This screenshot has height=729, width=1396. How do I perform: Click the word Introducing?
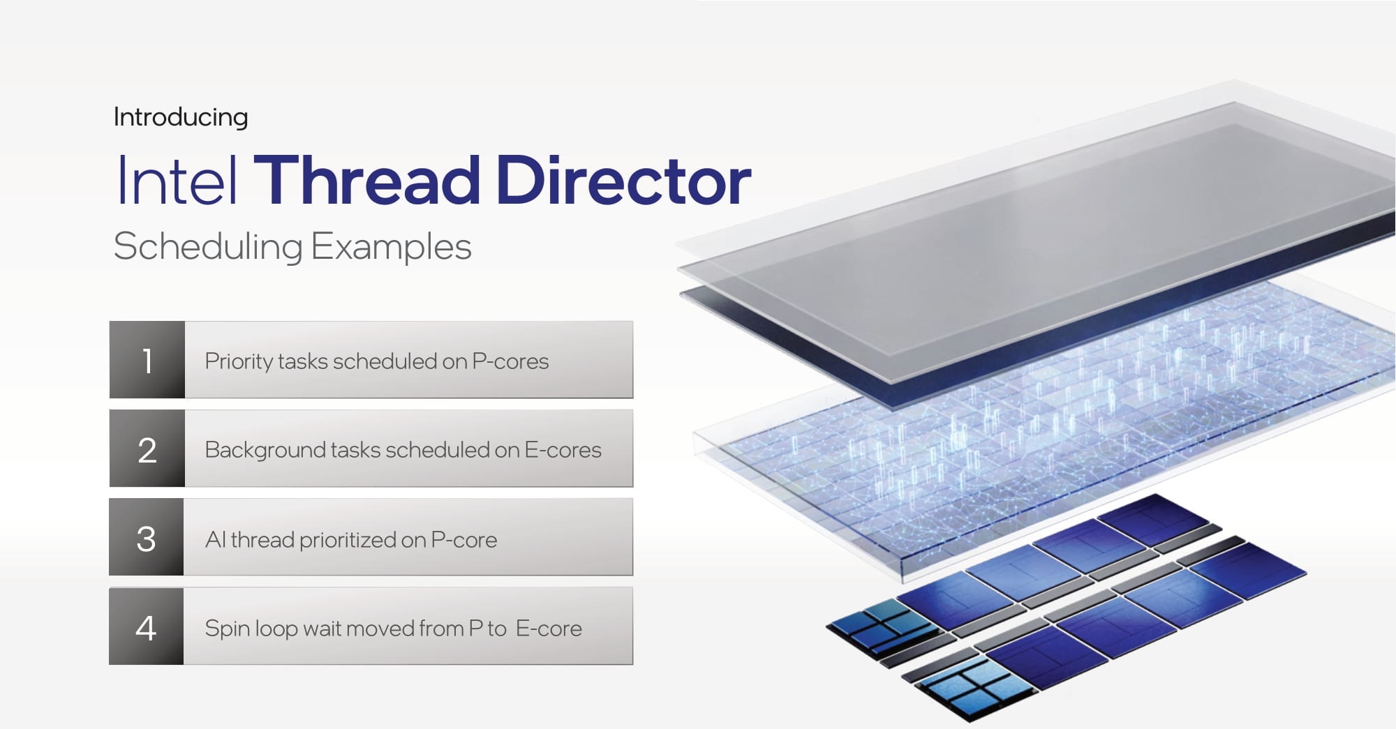[x=181, y=117]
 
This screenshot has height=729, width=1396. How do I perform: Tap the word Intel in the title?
[x=177, y=180]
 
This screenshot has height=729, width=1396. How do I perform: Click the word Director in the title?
[x=623, y=180]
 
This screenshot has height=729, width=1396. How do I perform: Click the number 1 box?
[x=147, y=360]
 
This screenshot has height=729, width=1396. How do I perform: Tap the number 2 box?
[x=147, y=449]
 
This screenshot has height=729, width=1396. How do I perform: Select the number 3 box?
[x=147, y=537]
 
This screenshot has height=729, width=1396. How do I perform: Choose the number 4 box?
[x=147, y=626]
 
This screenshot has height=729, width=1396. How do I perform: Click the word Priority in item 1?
[x=239, y=362]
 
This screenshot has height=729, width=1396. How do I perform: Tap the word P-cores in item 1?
[x=510, y=361]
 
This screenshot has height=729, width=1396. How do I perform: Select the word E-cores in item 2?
[x=563, y=450]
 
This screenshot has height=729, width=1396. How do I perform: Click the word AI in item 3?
[x=216, y=539]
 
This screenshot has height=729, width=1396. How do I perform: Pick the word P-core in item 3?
[x=464, y=540]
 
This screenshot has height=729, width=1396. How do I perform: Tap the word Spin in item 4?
[x=228, y=629]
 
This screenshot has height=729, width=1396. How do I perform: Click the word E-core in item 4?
[x=549, y=629]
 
